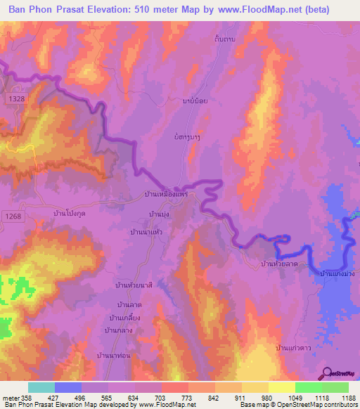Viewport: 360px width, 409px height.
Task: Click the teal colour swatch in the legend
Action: [41, 387]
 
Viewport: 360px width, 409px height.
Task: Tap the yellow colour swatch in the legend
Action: [281, 387]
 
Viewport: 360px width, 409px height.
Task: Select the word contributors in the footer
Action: [339, 405]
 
